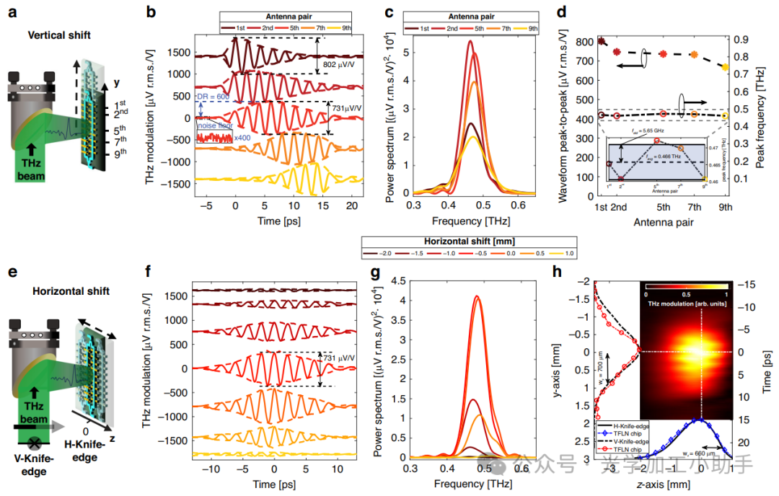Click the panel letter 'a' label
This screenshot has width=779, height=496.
9,12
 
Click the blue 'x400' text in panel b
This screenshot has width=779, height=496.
244,137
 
